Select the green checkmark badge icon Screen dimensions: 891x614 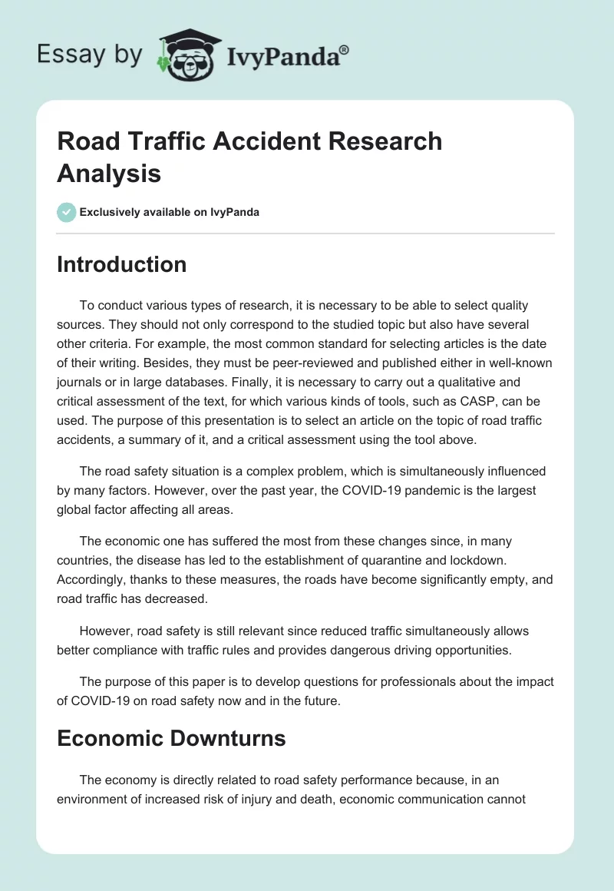pyautogui.click(x=67, y=212)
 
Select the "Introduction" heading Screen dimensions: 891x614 pyautogui.click(x=121, y=264)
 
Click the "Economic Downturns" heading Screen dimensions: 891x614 pyautogui.click(x=171, y=738)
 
